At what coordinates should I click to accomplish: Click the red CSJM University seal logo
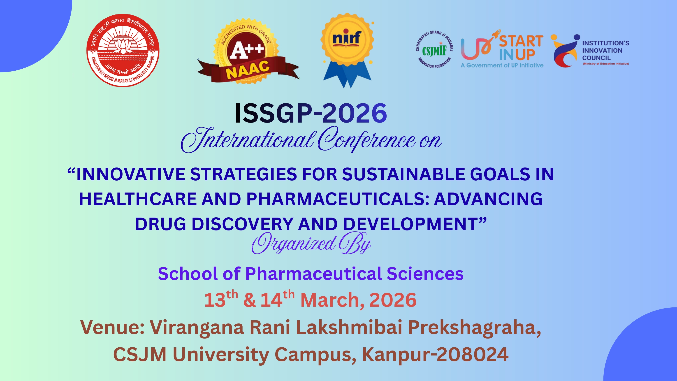123,50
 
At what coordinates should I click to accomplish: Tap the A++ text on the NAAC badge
246,50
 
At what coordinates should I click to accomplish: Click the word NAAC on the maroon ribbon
248,70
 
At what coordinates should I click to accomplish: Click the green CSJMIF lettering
434,51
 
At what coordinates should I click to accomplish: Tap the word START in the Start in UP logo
521,41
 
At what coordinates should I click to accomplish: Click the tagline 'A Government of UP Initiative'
502,65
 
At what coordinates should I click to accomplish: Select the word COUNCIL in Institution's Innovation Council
596,58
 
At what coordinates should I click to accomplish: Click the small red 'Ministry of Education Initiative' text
606,64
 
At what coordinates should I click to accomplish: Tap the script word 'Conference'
367,139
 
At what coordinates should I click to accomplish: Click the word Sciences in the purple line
425,274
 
